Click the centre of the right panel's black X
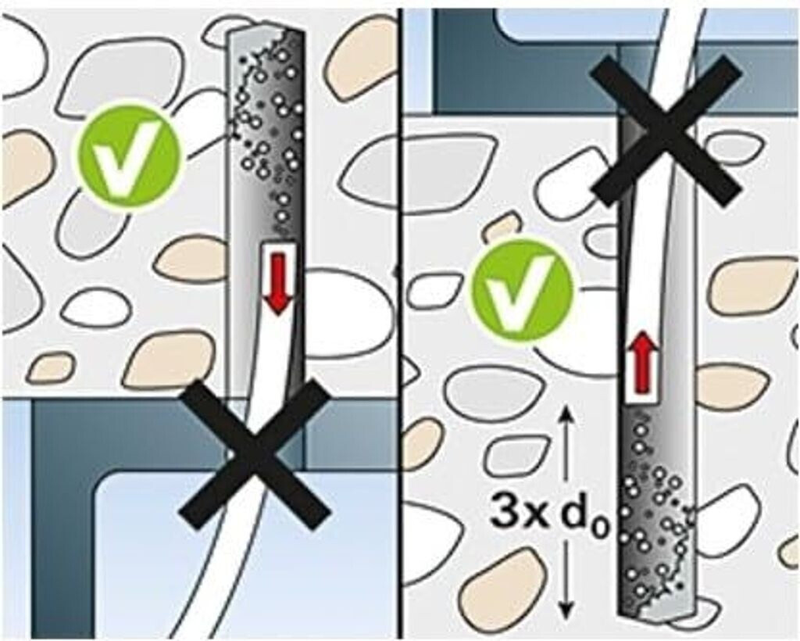pyautogui.click(x=664, y=130)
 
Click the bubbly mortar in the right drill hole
pyautogui.click(x=655, y=510)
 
